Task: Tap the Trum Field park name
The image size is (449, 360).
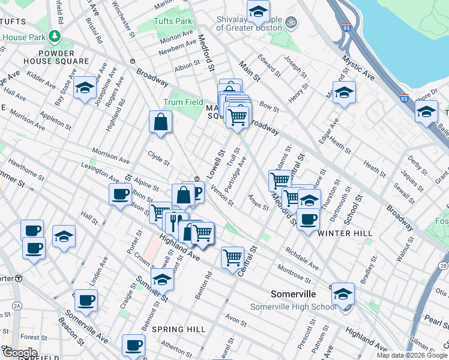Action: pyautogui.click(x=183, y=103)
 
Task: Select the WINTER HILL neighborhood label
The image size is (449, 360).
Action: pyautogui.click(x=345, y=233)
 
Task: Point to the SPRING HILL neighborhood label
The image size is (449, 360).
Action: pyautogui.click(x=178, y=329)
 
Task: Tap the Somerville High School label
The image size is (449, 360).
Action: pyautogui.click(x=293, y=307)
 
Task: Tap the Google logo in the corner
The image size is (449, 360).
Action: pyautogui.click(x=20, y=353)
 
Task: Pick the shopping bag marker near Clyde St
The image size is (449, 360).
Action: pyautogui.click(x=161, y=122)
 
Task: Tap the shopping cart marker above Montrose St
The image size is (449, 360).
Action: pyautogui.click(x=232, y=258)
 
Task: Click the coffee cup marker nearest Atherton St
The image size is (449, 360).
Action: pyautogui.click(x=133, y=345)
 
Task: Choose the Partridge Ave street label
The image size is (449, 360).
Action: pyautogui.click(x=234, y=171)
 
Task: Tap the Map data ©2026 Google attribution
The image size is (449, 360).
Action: pyautogui.click(x=412, y=355)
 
